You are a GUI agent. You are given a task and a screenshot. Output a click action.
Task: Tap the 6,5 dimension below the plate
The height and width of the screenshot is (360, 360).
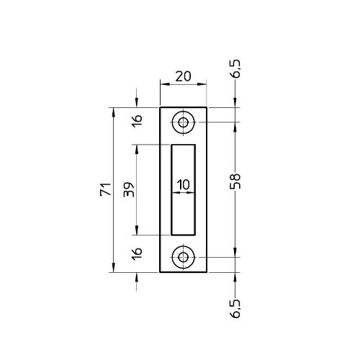tap(236, 307)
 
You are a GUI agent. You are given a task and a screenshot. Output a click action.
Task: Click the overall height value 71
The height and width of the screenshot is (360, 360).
tap(105, 190)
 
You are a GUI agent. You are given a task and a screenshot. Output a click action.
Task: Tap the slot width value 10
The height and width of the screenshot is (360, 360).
tap(183, 185)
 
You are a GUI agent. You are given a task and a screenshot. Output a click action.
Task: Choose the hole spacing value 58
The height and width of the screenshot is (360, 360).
tap(235, 181)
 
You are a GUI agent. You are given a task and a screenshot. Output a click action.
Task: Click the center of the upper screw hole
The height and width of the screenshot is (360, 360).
tap(184, 122)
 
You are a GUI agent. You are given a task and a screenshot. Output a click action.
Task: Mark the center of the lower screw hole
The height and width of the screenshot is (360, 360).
tap(184, 257)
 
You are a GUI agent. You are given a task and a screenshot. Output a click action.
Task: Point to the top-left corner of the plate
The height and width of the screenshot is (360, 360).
tap(160, 108)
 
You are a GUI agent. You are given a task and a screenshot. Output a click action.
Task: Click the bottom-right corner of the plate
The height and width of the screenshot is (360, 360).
tap(207, 273)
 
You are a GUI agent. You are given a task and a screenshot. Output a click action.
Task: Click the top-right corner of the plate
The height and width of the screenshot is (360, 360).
tap(207, 108)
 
